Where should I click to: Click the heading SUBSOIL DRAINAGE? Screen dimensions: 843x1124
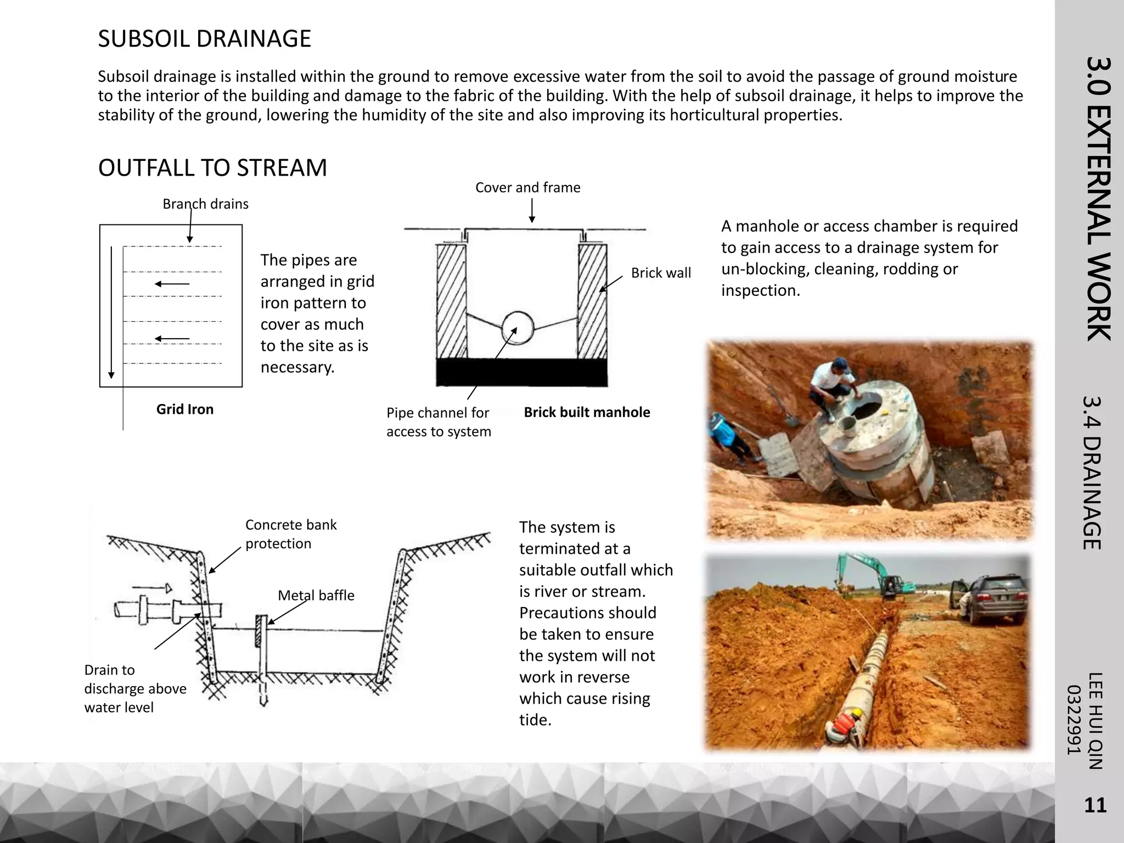point(204,39)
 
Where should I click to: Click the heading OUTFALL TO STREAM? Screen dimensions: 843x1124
point(212,168)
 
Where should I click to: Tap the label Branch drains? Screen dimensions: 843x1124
point(205,204)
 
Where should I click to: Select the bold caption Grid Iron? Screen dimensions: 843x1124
point(184,409)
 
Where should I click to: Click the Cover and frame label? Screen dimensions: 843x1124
point(527,188)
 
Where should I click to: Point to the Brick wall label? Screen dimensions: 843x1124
point(660,273)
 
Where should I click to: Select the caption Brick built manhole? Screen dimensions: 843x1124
point(587,412)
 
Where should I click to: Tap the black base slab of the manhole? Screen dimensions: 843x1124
point(521,373)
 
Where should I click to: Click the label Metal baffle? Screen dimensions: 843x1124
point(316,595)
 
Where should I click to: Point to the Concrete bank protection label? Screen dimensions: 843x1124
point(290,534)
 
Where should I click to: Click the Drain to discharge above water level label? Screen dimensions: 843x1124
point(135,688)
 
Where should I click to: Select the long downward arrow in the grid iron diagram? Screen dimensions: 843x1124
point(111,313)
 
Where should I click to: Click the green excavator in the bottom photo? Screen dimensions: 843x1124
point(873,576)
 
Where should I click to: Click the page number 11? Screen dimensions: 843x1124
point(1095,805)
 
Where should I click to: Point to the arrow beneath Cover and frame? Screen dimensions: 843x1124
point(532,211)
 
